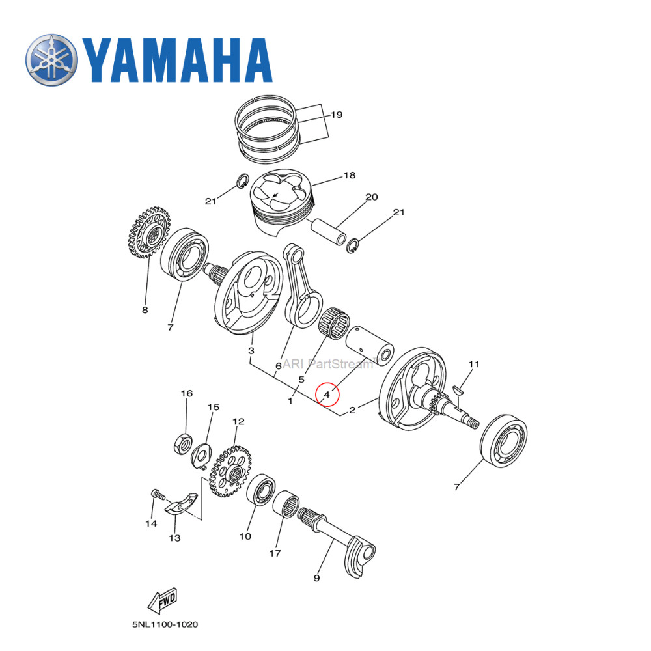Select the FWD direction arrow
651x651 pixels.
(159, 602)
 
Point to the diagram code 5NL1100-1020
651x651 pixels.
(164, 624)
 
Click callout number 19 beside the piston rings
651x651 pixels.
(336, 115)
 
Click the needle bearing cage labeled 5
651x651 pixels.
(335, 323)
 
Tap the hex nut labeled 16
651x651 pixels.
(182, 445)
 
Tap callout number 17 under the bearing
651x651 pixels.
(275, 553)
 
